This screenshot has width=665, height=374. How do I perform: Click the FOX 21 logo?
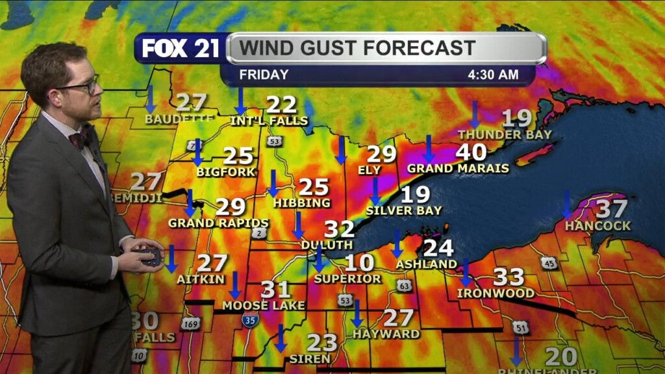tap(181, 48)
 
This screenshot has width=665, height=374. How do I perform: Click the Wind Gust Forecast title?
tap(357, 48)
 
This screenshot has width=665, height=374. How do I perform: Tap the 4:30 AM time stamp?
tap(493, 75)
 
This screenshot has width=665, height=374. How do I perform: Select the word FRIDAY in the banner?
tap(264, 75)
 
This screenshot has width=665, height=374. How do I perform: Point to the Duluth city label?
tap(327, 245)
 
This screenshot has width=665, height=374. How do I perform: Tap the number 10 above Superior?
tap(359, 263)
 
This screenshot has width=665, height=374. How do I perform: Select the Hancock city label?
tap(597, 226)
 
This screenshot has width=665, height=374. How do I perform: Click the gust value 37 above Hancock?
tap(611, 209)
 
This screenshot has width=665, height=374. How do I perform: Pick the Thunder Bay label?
tap(505, 134)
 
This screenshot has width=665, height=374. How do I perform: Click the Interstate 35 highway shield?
tap(250, 318)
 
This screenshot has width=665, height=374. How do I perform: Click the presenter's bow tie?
tap(81, 138)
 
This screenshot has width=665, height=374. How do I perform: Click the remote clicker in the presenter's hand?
tap(151, 256)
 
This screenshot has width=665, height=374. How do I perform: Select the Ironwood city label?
tap(496, 293)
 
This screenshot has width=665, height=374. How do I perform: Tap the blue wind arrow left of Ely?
tap(341, 151)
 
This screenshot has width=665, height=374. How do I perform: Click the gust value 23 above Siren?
tap(321, 342)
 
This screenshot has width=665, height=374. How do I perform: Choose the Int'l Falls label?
tap(269, 121)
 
